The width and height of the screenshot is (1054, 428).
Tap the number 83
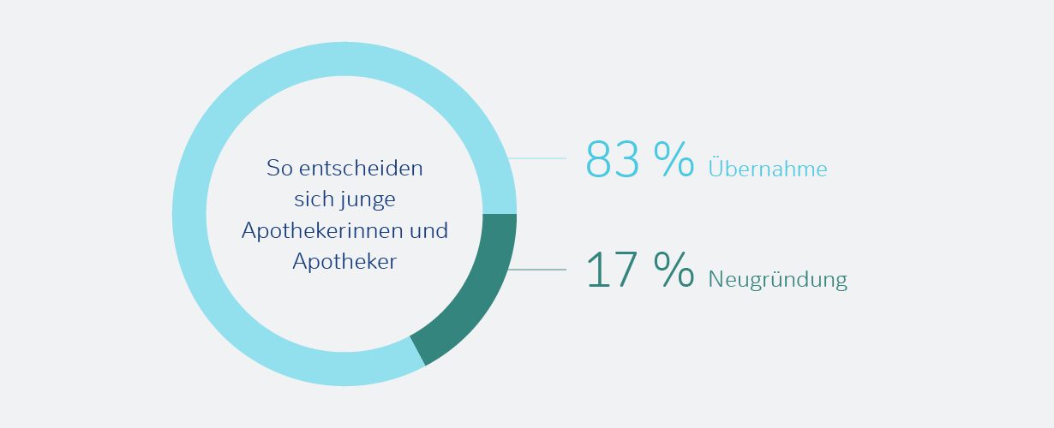pyautogui.click(x=613, y=159)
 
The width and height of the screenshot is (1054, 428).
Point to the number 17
pyautogui.click(x=613, y=270)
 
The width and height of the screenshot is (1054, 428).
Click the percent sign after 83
pyautogui.click(x=674, y=159)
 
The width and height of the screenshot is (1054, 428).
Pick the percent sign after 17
pyautogui.click(x=674, y=270)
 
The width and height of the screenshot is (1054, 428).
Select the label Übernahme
pyautogui.click(x=767, y=169)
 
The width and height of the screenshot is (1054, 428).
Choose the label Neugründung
pyautogui.click(x=777, y=280)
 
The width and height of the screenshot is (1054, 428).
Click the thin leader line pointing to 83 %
pyautogui.click(x=538, y=158)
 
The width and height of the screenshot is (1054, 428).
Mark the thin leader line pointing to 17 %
pyautogui.click(x=538, y=270)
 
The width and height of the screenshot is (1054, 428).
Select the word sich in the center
pyautogui.click(x=311, y=200)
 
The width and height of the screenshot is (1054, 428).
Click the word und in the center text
pyautogui.click(x=430, y=231)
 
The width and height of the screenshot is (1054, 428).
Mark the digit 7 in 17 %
pyautogui.click(x=626, y=270)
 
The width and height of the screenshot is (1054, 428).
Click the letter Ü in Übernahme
pyautogui.click(x=716, y=168)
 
